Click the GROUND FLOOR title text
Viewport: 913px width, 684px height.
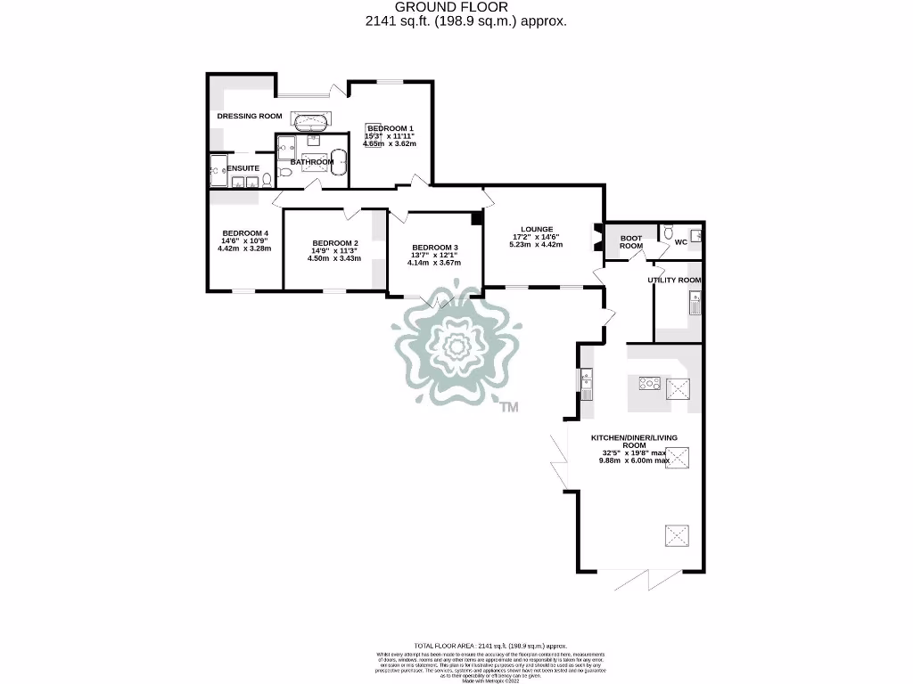(x=456, y=7)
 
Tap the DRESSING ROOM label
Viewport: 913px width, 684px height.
(x=250, y=116)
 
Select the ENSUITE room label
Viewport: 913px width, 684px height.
(x=243, y=167)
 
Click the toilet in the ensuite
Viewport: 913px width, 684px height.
(x=267, y=180)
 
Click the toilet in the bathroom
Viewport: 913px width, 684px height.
(x=281, y=172)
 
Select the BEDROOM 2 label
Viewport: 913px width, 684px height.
(x=335, y=243)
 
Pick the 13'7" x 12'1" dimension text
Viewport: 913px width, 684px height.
(x=435, y=255)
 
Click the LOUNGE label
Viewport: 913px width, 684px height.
(x=537, y=229)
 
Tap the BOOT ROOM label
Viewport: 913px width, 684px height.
(x=631, y=241)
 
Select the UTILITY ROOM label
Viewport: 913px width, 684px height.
(x=674, y=280)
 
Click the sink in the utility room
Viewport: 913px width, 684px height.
(x=695, y=305)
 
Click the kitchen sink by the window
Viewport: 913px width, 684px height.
(x=587, y=384)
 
